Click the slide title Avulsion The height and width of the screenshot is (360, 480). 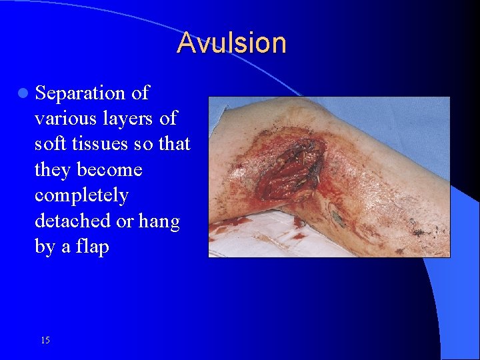click(231, 43)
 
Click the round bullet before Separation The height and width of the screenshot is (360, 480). click(22, 93)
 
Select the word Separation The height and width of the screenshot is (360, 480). click(81, 93)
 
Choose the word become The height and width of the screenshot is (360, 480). click(109, 170)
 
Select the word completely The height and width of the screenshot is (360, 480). click(81, 196)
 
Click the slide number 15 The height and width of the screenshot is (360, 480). click(45, 340)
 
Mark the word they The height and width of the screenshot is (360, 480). click(53, 170)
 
